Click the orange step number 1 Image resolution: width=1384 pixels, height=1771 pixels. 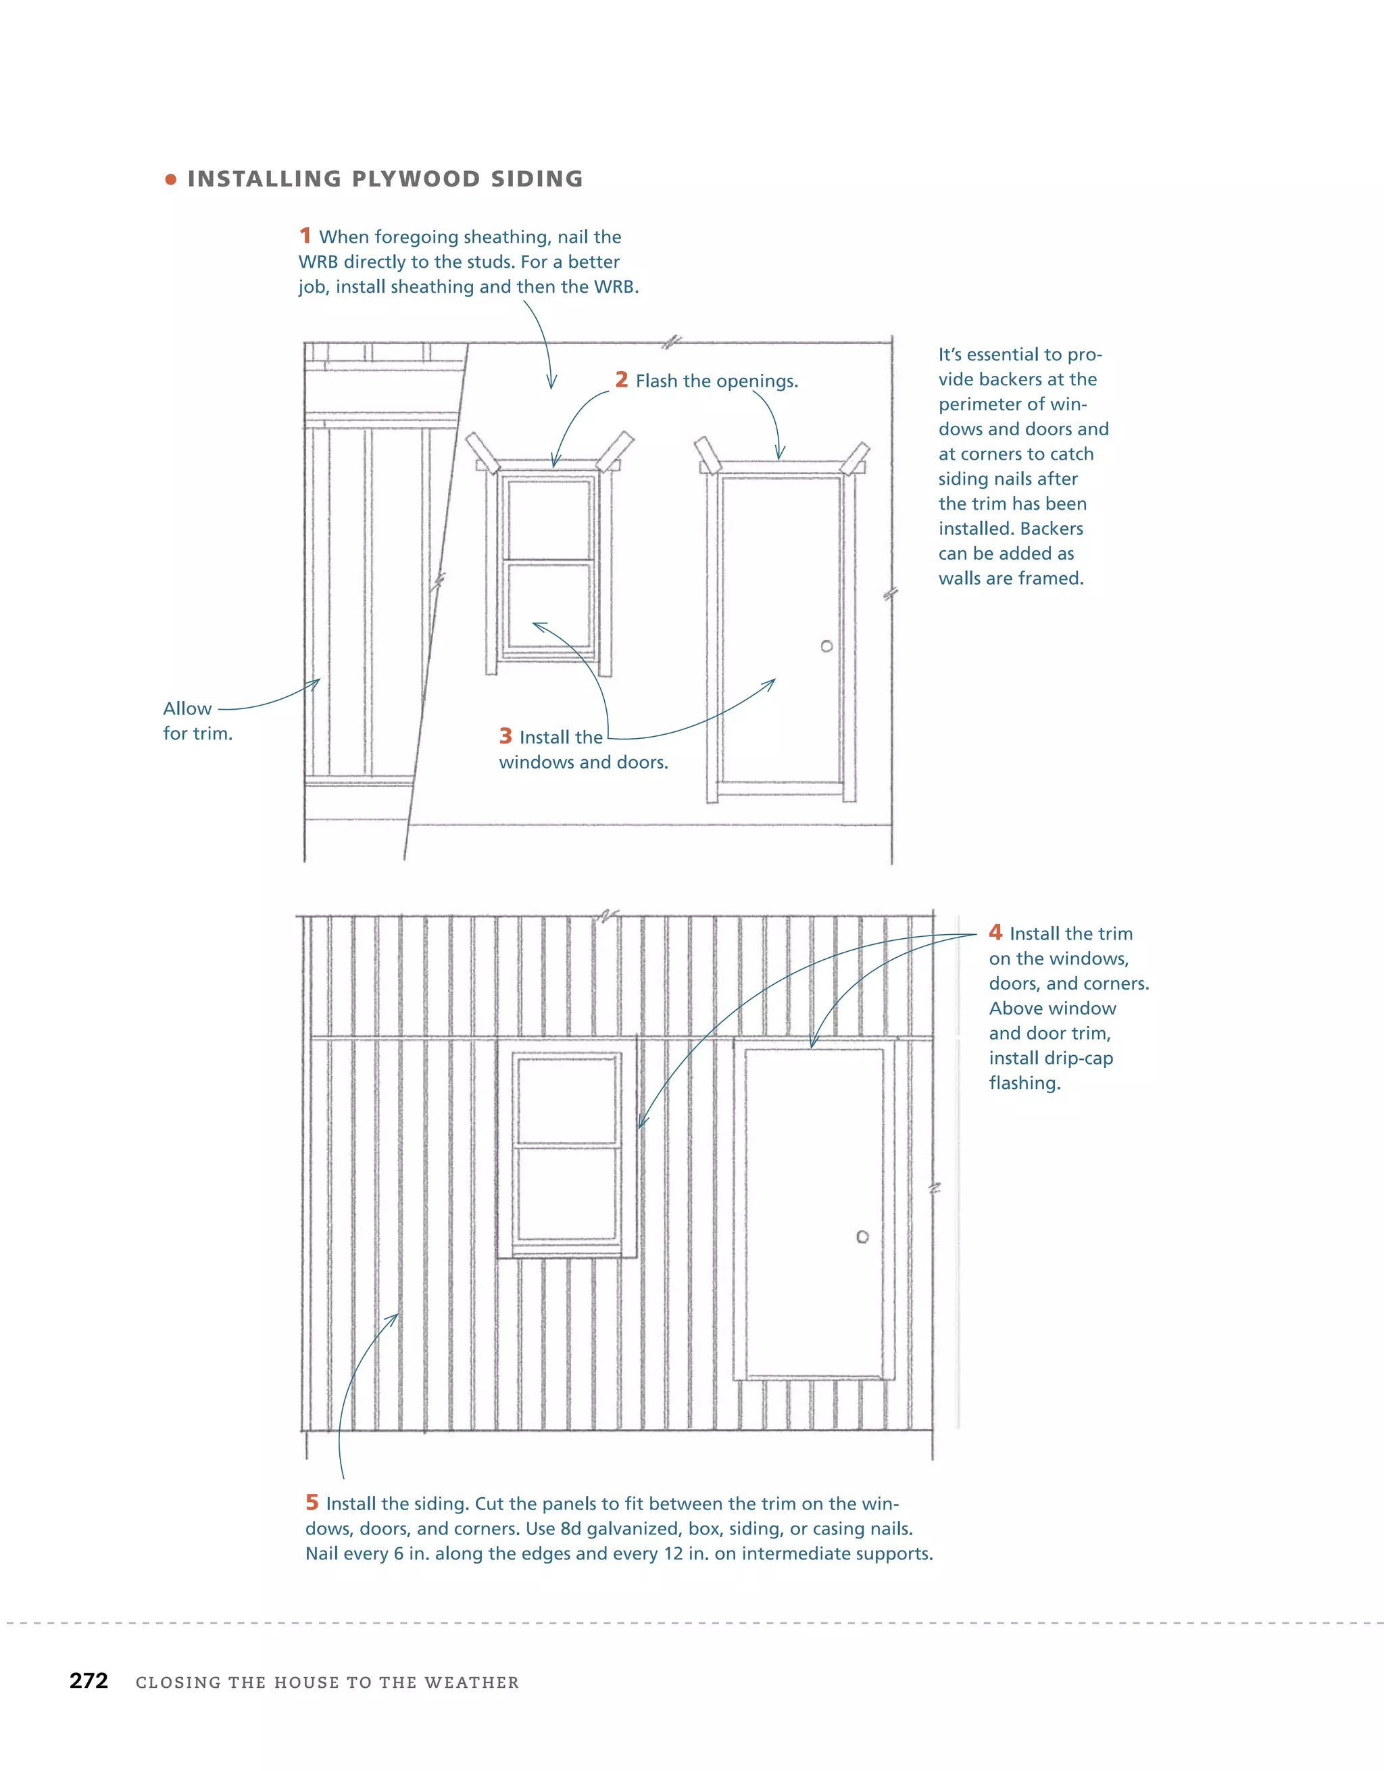(x=305, y=236)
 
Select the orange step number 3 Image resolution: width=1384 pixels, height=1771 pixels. (x=505, y=735)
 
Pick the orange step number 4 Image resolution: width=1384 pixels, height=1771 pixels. (x=995, y=933)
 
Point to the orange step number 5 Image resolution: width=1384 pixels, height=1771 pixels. (x=312, y=1503)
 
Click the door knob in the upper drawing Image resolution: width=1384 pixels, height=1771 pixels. (x=826, y=646)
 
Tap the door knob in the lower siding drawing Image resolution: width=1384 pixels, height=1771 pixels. (x=862, y=1236)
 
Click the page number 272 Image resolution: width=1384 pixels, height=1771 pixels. (x=89, y=1681)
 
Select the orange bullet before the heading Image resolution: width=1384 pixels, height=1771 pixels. (x=170, y=179)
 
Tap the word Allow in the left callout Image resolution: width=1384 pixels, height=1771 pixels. (x=187, y=708)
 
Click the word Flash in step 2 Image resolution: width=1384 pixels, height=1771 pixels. (x=657, y=381)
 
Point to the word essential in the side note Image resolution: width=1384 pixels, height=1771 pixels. (x=1013, y=354)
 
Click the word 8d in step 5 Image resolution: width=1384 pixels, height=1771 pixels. (x=571, y=1528)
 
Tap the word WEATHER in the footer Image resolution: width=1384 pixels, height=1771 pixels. (x=471, y=1682)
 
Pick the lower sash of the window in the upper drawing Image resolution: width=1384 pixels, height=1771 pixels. (x=549, y=605)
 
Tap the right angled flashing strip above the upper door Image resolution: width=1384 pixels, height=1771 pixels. (x=856, y=458)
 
